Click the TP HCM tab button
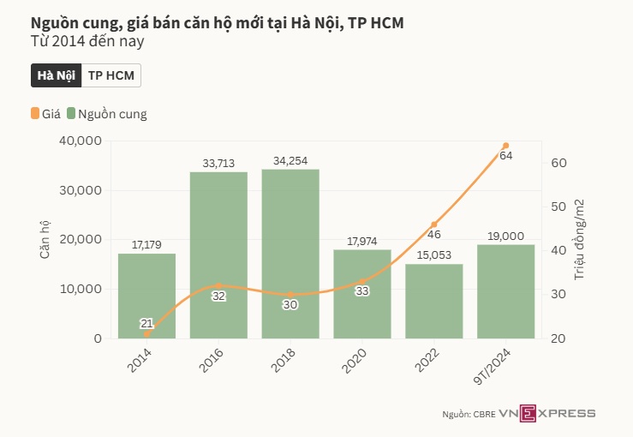point(112,75)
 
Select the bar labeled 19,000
point(505,291)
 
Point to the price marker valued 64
point(505,146)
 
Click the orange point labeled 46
point(433,224)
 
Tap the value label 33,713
point(218,163)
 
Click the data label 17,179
point(146,245)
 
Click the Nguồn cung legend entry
point(107,113)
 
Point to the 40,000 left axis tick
point(81,141)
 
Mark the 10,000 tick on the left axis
point(81,289)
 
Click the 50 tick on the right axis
point(556,207)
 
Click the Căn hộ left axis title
point(45,240)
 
